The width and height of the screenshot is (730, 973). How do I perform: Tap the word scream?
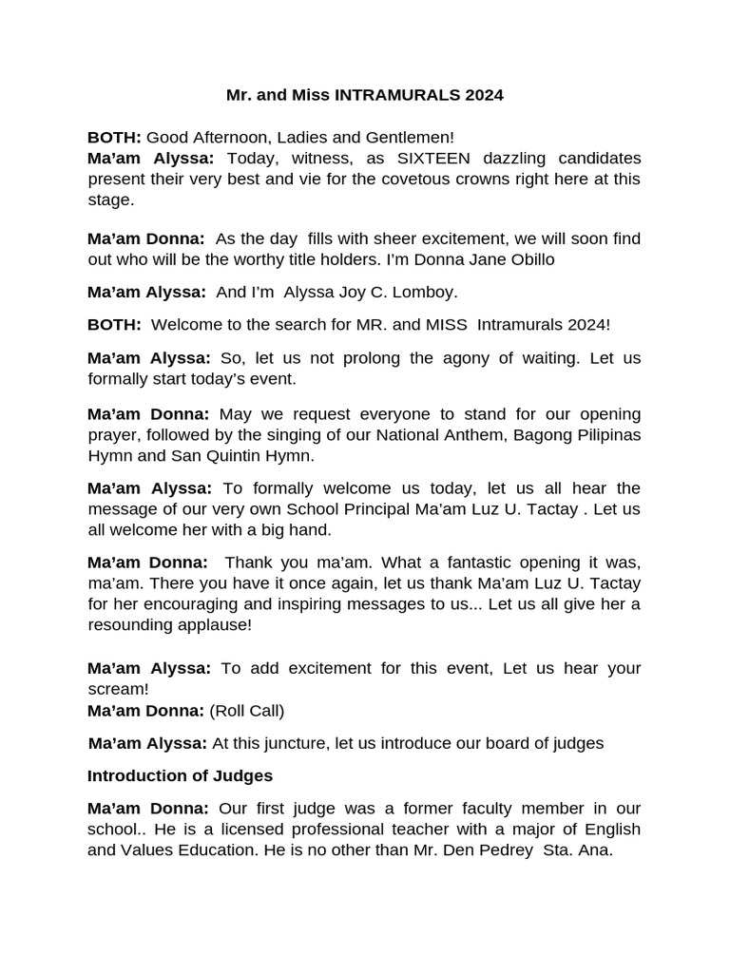pyautogui.click(x=119, y=689)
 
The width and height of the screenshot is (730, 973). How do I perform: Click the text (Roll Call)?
pyautogui.click(x=246, y=710)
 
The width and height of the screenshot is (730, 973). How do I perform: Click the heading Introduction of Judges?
pyautogui.click(x=180, y=775)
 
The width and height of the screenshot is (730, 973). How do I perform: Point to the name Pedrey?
pyautogui.click(x=507, y=850)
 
